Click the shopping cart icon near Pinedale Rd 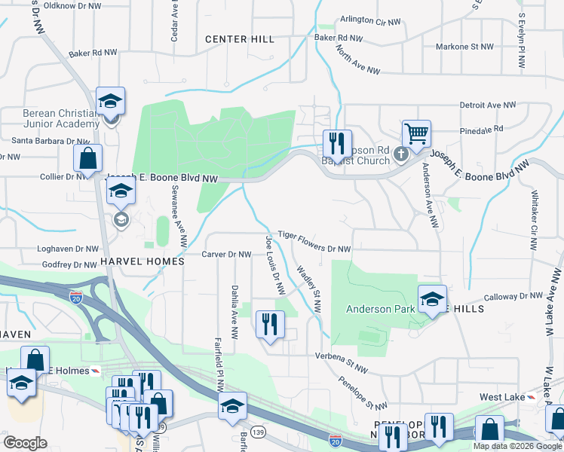[x=415, y=133]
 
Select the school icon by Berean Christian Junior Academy [x=110, y=101]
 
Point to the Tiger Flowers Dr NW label [x=314, y=242]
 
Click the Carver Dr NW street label [x=226, y=255]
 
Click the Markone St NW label [x=464, y=47]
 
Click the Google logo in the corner [x=25, y=442]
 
